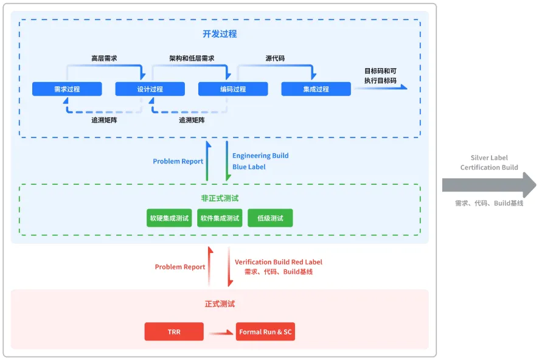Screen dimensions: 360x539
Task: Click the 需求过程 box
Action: tap(67, 89)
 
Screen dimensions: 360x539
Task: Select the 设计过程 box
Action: tap(150, 89)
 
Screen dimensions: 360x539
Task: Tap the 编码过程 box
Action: tap(233, 89)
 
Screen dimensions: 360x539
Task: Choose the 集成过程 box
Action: tap(316, 89)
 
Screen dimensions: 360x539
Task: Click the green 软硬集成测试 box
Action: tap(169, 218)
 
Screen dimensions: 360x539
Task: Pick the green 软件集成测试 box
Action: tap(220, 218)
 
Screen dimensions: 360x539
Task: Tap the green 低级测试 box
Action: tap(270, 218)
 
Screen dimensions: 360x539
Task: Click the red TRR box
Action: tap(174, 332)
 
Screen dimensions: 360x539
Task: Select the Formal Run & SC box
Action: tap(265, 332)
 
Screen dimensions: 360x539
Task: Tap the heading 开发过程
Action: tap(220, 34)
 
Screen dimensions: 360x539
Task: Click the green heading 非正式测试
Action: tap(220, 198)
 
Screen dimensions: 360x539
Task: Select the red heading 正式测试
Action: tap(220, 303)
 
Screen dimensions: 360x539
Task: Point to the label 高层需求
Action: tap(104, 58)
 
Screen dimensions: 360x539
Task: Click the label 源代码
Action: tap(275, 58)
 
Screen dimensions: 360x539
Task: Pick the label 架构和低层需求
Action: tap(192, 58)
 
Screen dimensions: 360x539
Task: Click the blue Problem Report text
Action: tap(178, 161)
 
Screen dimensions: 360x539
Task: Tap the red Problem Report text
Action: tap(180, 267)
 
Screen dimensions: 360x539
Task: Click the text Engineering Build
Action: tap(260, 156)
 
